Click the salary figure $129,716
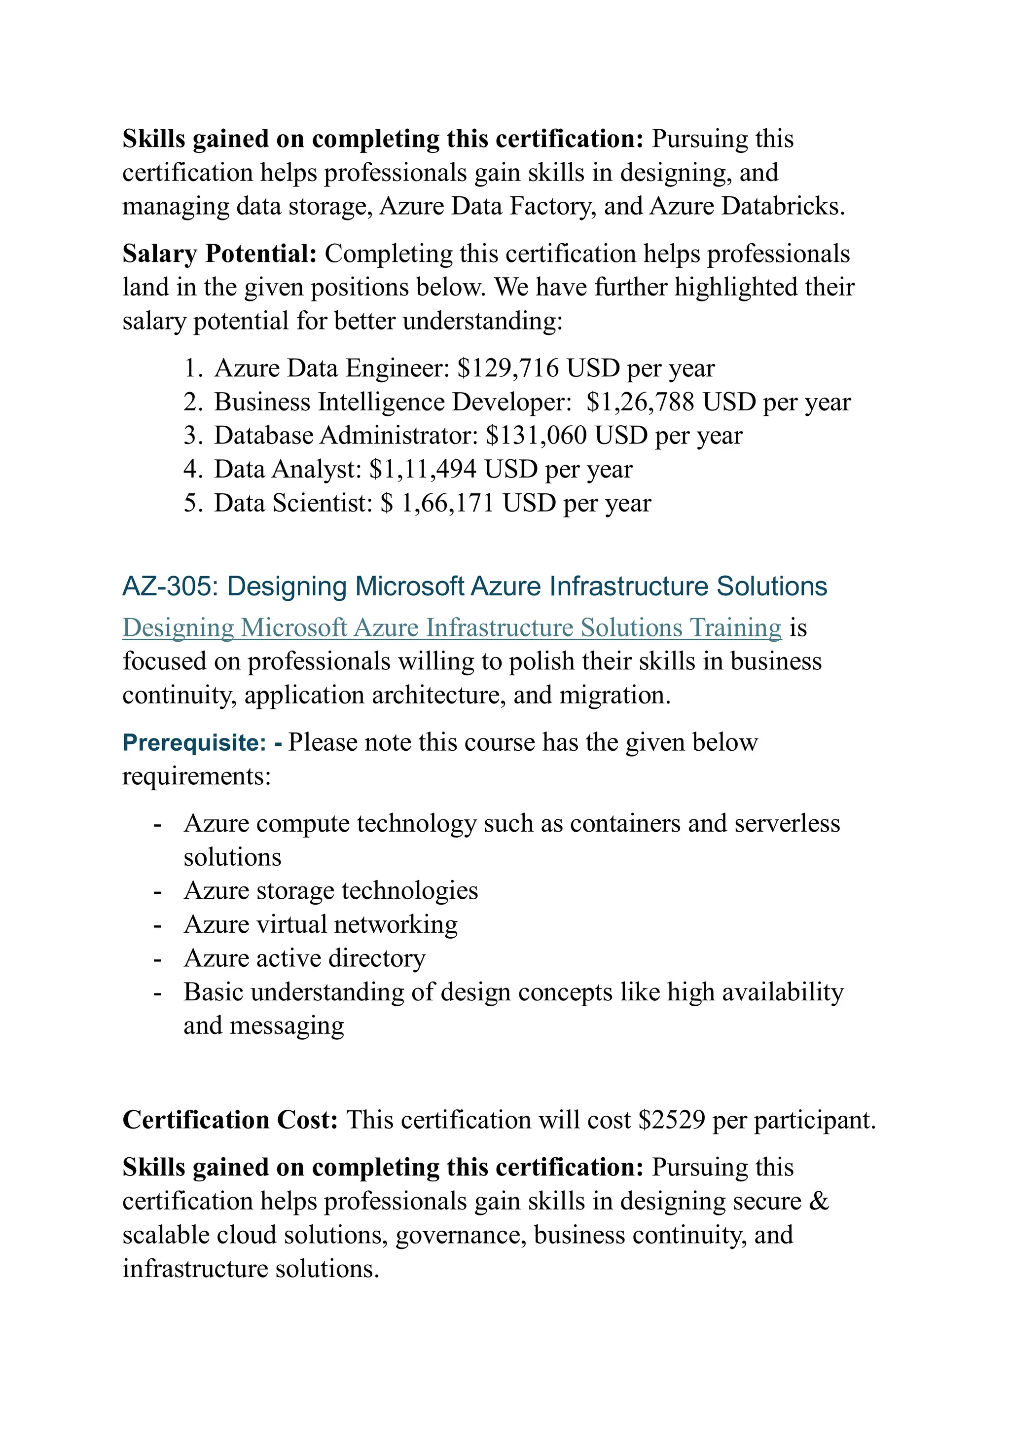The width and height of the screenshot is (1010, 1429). (x=507, y=368)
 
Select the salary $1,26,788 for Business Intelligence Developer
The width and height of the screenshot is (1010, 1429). (x=640, y=402)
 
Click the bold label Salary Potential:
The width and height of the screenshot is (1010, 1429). (x=219, y=254)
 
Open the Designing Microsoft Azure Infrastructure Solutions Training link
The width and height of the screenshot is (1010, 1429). (x=451, y=627)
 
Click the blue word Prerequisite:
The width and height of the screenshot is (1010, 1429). (x=194, y=742)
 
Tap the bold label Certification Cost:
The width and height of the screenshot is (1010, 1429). (x=230, y=1120)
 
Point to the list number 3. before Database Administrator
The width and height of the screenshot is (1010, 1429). (x=192, y=436)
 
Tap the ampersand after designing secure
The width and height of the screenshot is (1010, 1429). (x=819, y=1201)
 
